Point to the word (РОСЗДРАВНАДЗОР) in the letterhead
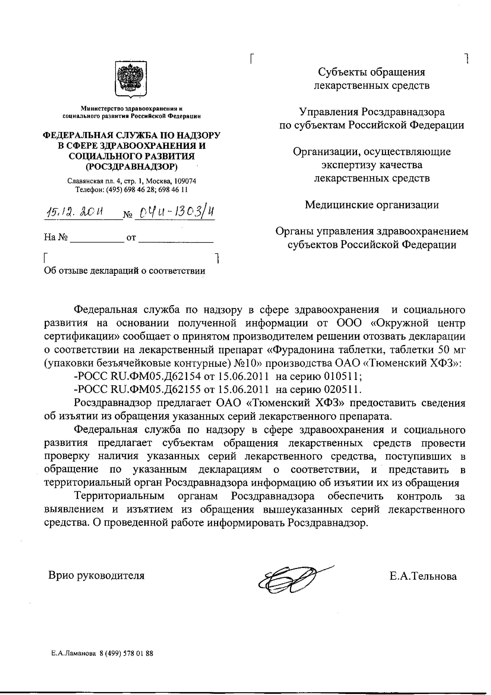131,166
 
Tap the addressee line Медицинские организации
372,205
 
